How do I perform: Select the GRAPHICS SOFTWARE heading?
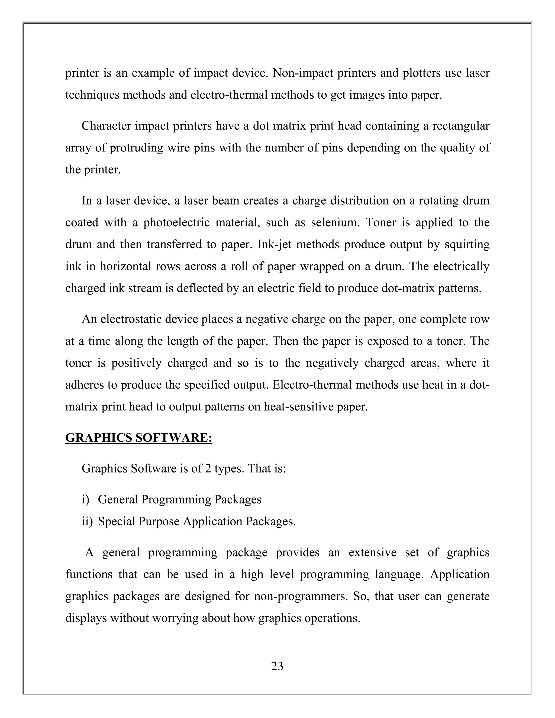[139, 438]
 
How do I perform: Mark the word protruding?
[137, 148]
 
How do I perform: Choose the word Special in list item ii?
[116, 521]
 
